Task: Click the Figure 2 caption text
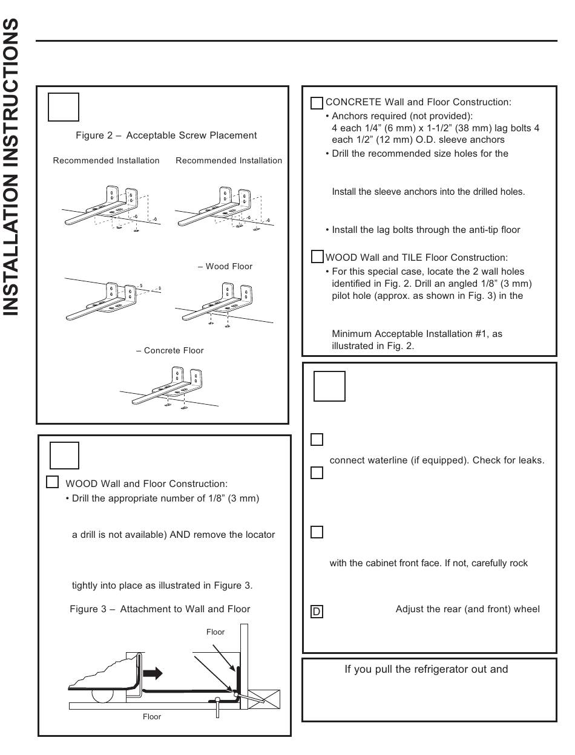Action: pos(166,136)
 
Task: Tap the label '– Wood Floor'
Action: pos(225,266)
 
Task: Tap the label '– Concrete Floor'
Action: pos(170,350)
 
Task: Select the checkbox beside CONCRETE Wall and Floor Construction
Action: pos(317,103)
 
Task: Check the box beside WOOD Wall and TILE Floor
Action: pos(317,257)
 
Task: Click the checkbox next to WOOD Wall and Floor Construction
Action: pos(53,482)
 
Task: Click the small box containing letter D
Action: pos(316,612)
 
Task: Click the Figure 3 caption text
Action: pos(160,609)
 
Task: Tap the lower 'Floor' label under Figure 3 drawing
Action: pos(152,717)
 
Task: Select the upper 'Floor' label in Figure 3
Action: pos(215,632)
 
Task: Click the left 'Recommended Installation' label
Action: pos(107,161)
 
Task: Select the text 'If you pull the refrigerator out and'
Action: pos(426,669)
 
